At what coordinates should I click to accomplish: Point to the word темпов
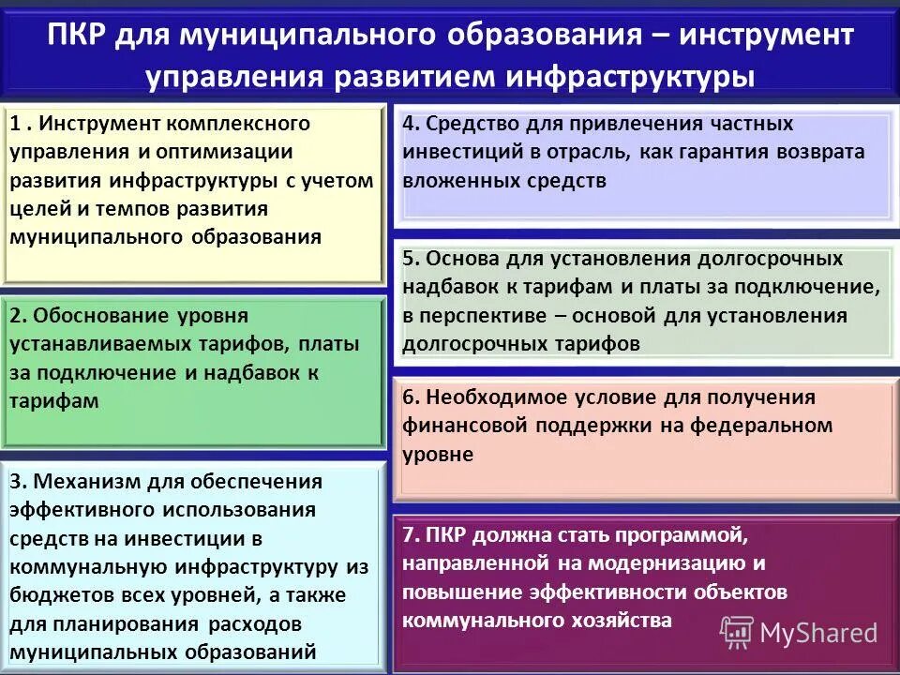[122, 208]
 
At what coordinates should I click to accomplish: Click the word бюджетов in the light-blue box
[57, 594]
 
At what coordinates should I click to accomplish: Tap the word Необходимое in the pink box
[493, 397]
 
